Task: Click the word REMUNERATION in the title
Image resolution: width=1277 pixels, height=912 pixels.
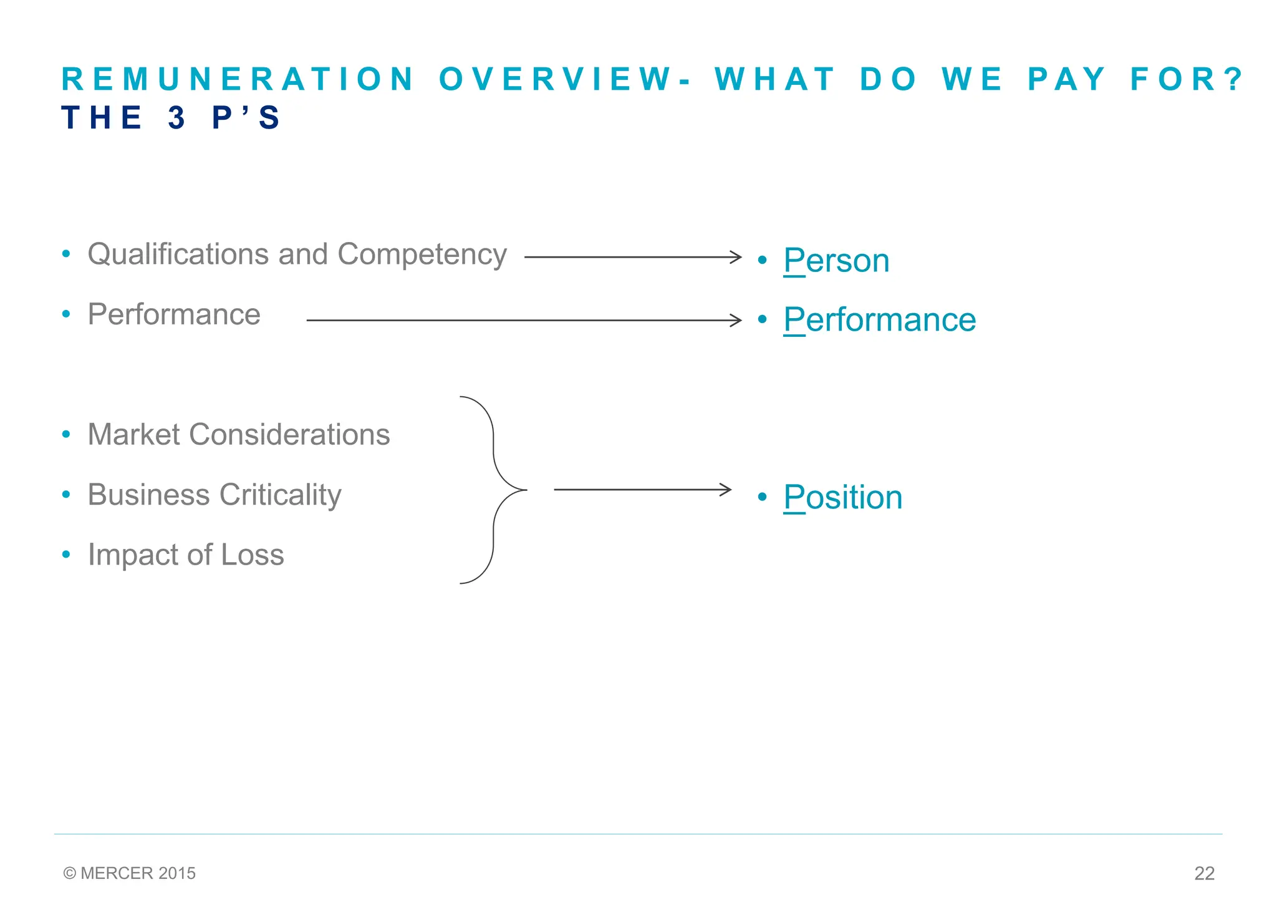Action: click(238, 79)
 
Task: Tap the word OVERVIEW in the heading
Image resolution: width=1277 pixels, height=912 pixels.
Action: click(555, 79)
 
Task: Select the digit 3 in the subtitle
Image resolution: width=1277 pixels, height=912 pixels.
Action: click(177, 118)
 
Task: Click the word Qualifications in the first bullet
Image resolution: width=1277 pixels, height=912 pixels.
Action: click(178, 255)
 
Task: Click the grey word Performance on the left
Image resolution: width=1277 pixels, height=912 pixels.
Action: click(174, 314)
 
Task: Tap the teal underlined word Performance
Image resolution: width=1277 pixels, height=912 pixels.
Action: click(880, 320)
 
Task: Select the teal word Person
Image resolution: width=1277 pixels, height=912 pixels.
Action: click(836, 260)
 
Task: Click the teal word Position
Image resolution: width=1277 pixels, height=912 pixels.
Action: click(843, 497)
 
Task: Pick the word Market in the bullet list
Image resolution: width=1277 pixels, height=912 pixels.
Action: click(133, 435)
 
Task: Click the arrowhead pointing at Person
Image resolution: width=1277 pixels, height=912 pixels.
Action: click(736, 257)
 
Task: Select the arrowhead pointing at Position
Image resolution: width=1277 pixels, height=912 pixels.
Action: click(726, 490)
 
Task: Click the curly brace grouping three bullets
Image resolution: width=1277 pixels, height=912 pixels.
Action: click(494, 490)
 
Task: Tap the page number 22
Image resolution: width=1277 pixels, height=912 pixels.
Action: click(1204, 873)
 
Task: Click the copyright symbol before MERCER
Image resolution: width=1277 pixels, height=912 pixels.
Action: click(70, 873)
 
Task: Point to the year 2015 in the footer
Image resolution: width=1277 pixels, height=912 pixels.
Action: click(177, 873)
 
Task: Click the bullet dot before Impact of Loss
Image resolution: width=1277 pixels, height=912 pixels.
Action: click(66, 555)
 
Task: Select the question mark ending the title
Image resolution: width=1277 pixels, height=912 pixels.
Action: click(1233, 79)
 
